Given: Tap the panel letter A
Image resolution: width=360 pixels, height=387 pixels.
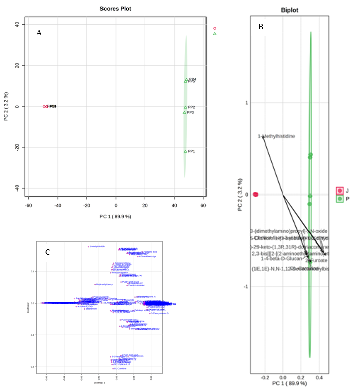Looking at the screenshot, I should [x=39, y=33].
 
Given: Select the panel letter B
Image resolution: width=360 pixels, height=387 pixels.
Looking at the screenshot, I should [x=260, y=26].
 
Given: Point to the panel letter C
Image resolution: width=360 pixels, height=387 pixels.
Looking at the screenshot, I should [x=48, y=251].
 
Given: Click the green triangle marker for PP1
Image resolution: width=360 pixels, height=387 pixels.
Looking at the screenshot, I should [x=185, y=151].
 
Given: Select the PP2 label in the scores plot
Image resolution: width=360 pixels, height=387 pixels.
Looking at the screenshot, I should [x=191, y=107].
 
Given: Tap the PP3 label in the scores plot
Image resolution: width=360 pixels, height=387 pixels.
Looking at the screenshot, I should [x=190, y=113].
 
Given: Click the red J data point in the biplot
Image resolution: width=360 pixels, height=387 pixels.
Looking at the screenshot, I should [x=255, y=195].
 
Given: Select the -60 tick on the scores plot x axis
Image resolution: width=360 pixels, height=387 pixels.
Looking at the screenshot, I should [x=29, y=206].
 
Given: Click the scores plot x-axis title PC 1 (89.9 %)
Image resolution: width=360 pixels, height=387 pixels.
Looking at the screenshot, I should [x=116, y=216].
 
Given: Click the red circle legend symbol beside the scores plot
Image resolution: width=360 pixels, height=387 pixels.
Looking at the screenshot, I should [x=215, y=28].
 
